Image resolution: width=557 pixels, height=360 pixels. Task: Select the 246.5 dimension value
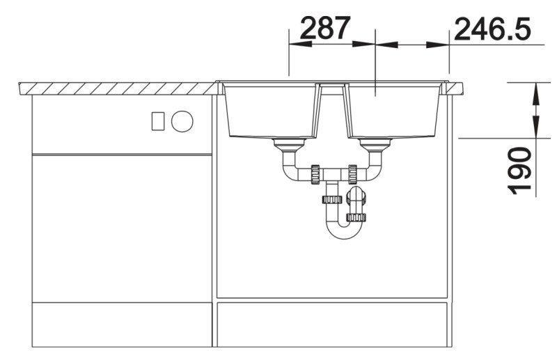coord(491,29)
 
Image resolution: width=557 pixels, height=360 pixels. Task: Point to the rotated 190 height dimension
coord(520,171)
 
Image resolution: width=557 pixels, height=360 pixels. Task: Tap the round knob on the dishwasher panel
coord(182,121)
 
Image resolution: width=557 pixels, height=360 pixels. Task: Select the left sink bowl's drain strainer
coord(289,145)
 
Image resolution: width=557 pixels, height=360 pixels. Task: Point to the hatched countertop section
coord(118,88)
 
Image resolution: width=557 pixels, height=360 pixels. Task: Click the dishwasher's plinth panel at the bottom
coord(122,324)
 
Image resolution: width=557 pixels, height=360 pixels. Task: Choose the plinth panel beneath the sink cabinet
coord(332,324)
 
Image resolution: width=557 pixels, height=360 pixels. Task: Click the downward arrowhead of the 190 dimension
coord(535,128)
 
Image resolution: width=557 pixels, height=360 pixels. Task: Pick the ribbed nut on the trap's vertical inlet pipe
coord(332,200)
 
